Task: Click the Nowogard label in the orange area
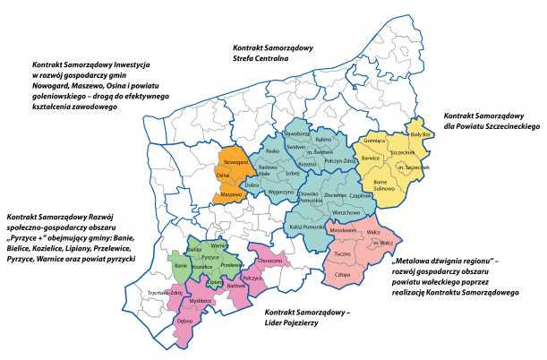click(235, 163)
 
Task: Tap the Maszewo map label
click(231, 194)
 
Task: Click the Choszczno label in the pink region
click(269, 260)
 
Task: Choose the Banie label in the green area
click(180, 266)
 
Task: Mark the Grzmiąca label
click(374, 141)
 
